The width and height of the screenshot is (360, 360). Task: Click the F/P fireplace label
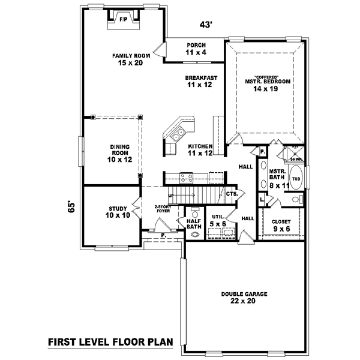point(123,20)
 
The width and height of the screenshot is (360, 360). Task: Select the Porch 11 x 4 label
point(196,49)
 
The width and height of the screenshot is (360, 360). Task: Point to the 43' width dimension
point(206,25)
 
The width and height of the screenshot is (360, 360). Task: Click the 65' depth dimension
point(71,207)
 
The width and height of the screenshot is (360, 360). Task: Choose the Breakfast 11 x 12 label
point(200,81)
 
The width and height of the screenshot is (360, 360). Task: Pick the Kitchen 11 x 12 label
point(200,150)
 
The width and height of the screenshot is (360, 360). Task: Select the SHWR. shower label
point(296,160)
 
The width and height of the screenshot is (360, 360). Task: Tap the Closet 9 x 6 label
point(281,224)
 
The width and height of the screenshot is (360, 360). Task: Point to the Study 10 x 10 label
point(118,212)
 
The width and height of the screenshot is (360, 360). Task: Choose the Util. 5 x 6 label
point(218,220)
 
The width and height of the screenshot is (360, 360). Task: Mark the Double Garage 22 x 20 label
point(244,298)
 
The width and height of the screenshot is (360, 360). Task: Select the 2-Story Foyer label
point(163,208)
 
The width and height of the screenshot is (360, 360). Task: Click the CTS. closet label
point(232,194)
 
